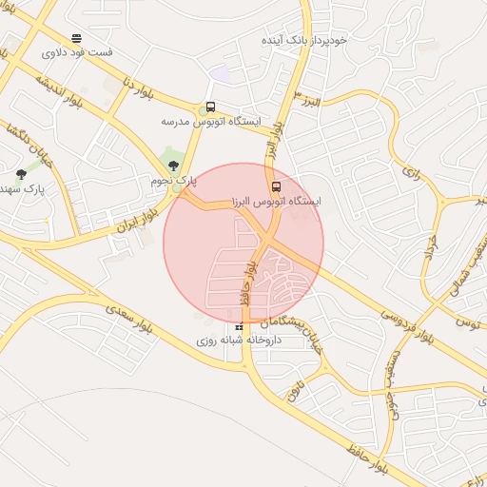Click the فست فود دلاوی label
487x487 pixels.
coord(77,52)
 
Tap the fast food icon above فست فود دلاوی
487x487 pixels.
coord(76,39)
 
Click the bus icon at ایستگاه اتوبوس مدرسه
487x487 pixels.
coord(210,107)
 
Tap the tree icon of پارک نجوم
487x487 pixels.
coord(171,166)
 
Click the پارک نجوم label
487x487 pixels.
coord(173,180)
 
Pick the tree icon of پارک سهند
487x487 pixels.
coord(21,174)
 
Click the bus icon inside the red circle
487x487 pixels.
coord(276,186)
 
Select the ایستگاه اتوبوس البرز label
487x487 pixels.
coord(277,202)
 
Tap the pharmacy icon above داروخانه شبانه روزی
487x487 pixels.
coord(240,327)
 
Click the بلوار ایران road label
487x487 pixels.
coord(134,215)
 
